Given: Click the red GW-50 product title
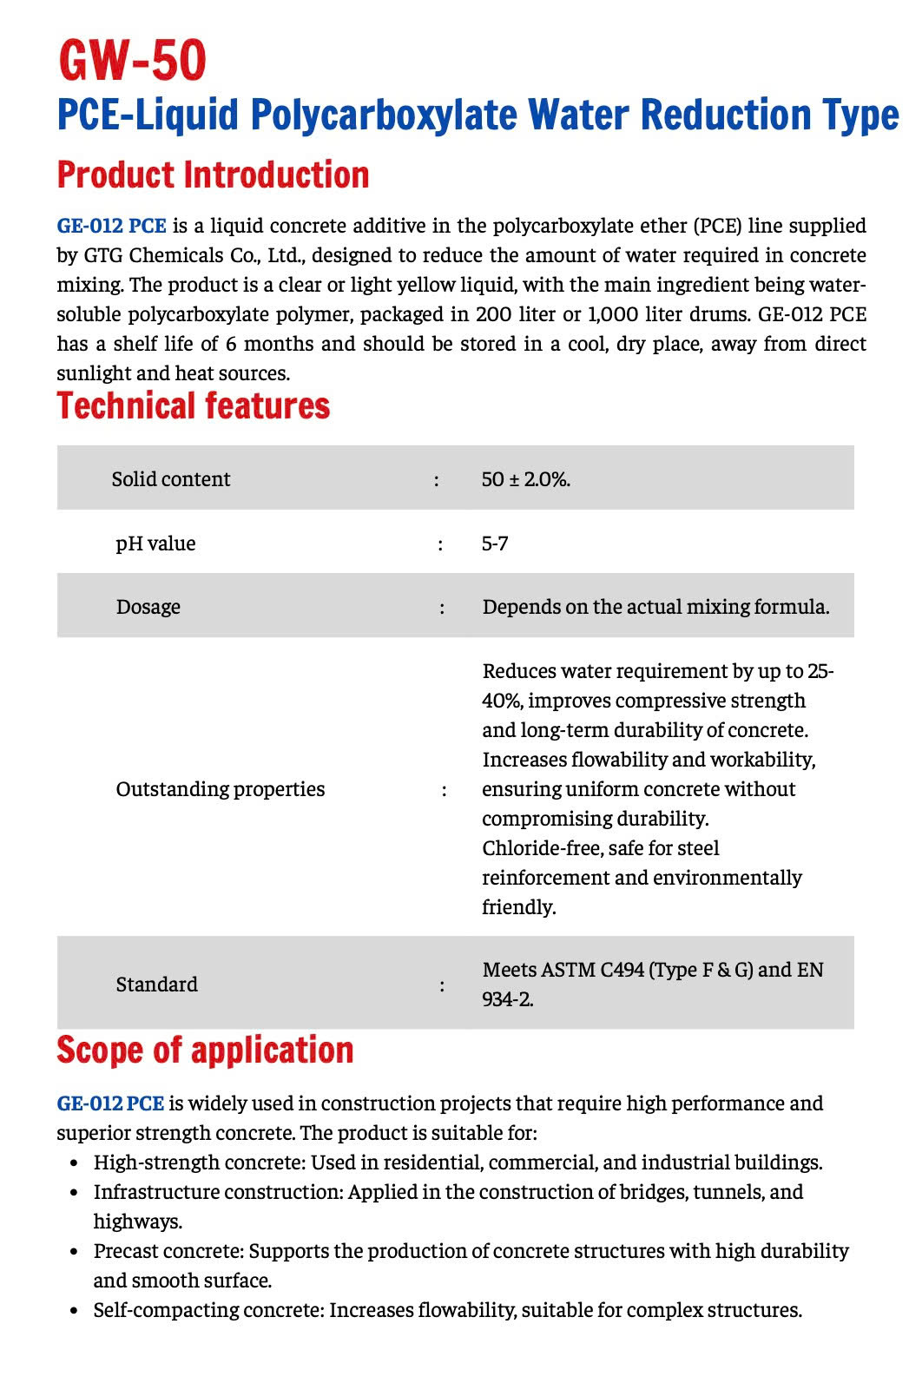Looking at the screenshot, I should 132,61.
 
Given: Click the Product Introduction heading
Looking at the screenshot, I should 213,175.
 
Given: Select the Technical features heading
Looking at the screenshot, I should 194,405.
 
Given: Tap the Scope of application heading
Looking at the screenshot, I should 205,1050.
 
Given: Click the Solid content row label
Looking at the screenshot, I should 171,479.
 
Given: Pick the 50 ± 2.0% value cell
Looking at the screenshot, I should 525,479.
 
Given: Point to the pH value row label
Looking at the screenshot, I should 155,543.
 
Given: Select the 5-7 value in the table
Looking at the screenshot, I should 495,543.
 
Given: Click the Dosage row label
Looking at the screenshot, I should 148,607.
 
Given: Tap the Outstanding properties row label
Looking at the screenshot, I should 221,789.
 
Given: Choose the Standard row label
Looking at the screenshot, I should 157,985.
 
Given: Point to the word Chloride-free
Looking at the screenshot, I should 538,848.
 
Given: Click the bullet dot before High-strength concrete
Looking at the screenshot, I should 75,1163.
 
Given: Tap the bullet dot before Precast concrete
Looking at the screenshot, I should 75,1252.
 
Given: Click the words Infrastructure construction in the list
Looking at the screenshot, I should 217,1192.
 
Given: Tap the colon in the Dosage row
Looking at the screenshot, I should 442,608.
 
